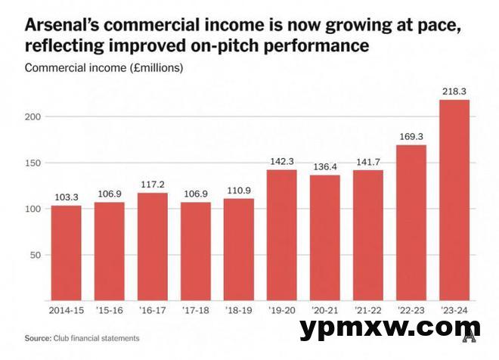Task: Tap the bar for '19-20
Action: [x=281, y=234]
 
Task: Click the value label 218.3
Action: [x=454, y=92]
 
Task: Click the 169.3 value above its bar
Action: [x=411, y=138]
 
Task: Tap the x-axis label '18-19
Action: [x=238, y=310]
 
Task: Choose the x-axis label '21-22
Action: [x=367, y=310]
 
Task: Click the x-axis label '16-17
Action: [x=152, y=310]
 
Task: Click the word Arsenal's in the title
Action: [x=61, y=26]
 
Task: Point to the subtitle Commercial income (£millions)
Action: [x=104, y=67]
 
